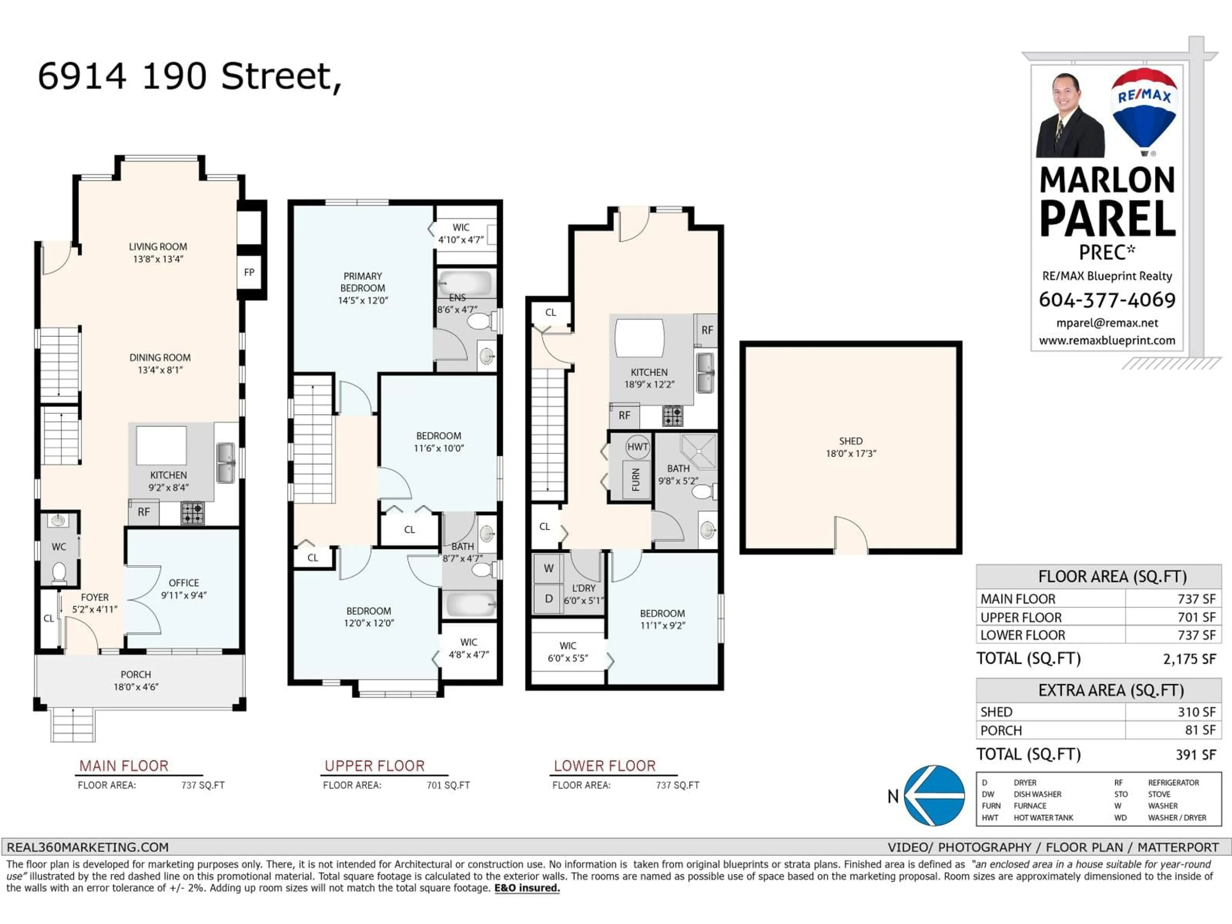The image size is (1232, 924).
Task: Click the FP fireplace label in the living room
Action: pyautogui.click(x=249, y=272)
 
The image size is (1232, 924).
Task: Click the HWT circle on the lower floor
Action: pyautogui.click(x=637, y=447)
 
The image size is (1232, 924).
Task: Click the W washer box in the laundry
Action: pyautogui.click(x=549, y=569)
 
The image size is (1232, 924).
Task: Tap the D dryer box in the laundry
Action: pyautogui.click(x=549, y=599)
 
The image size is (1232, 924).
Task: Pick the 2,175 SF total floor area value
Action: pyautogui.click(x=1189, y=659)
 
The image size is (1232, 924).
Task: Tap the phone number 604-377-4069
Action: pyautogui.click(x=1107, y=300)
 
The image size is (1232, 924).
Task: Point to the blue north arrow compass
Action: pyautogui.click(x=935, y=795)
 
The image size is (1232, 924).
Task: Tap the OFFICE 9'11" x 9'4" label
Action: pyautogui.click(x=184, y=589)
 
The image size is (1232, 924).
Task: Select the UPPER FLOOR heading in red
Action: pyautogui.click(x=374, y=766)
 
